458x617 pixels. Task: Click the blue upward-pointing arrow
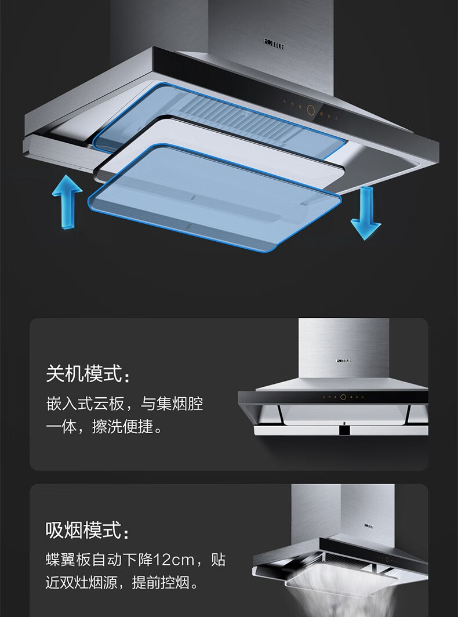(x=67, y=203)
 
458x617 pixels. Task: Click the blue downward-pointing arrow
(x=366, y=213)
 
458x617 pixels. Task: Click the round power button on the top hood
(x=311, y=108)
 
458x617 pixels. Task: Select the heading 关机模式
(x=85, y=373)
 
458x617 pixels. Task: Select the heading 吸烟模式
(x=85, y=529)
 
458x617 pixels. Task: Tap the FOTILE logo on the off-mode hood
(x=344, y=360)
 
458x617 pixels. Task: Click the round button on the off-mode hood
(x=343, y=397)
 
